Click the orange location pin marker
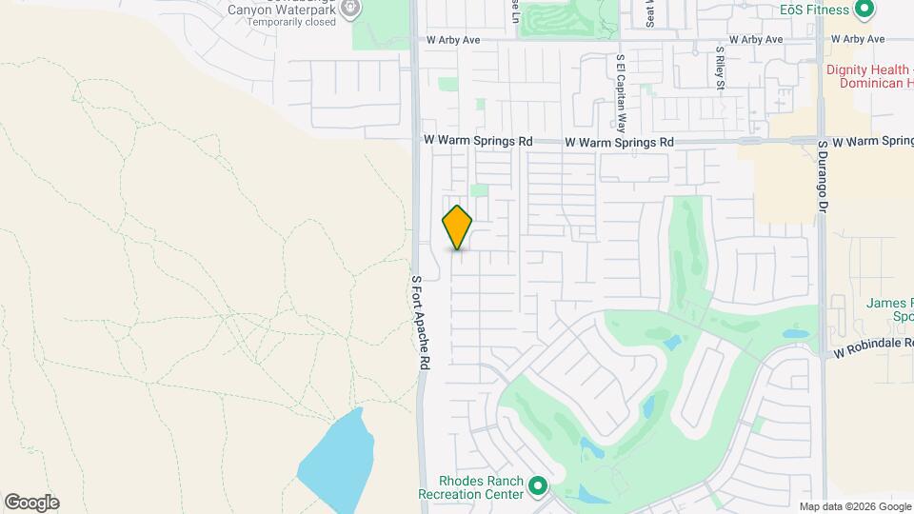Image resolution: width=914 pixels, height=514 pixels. coord(457,227)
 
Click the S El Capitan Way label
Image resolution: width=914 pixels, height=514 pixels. coord(621,92)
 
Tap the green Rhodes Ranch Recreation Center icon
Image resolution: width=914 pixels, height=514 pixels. coord(538,487)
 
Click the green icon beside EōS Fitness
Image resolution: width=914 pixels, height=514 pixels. coord(864,10)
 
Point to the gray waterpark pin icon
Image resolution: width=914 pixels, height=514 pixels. coord(350,10)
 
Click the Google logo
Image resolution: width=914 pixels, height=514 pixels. coord(31,503)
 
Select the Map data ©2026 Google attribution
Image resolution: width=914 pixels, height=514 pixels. coord(854,506)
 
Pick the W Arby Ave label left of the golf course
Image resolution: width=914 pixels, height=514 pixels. coord(453,40)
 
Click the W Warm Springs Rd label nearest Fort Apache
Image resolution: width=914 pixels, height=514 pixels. coord(477,140)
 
